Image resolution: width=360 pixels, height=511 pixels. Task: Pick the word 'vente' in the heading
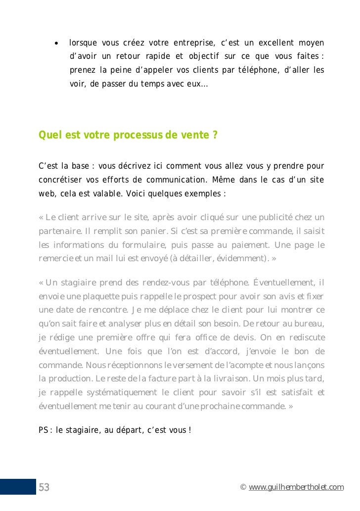194,135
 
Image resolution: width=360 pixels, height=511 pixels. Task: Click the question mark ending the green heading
215,135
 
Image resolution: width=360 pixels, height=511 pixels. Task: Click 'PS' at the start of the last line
43,430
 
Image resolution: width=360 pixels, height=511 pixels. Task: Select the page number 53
44,487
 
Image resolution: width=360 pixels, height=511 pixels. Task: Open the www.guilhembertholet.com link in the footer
296,488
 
